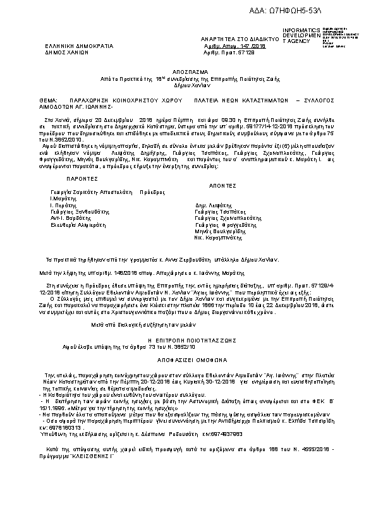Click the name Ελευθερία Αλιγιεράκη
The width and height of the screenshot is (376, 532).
pyautogui.click(x=79, y=224)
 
